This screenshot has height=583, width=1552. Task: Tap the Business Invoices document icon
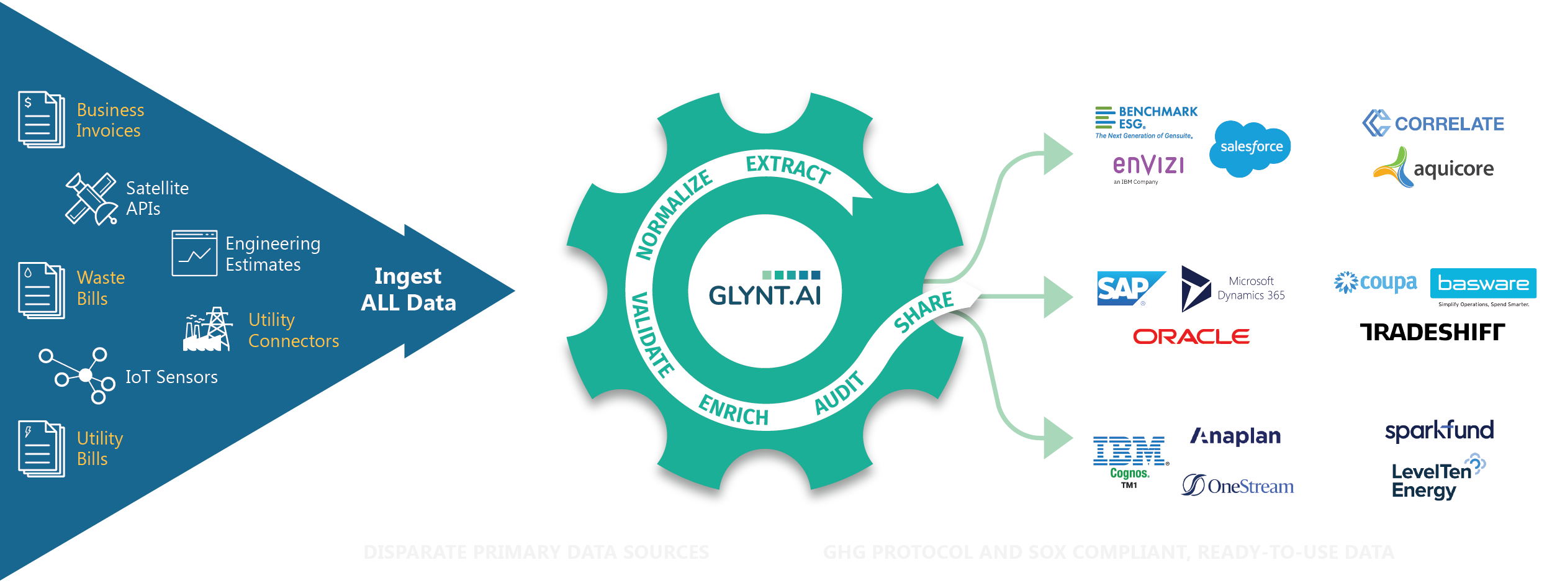42,120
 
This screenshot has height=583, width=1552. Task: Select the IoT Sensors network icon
78,375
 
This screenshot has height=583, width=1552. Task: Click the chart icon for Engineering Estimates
194,253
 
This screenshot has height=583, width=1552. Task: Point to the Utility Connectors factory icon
207,330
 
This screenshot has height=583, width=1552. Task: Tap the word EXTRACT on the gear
788,168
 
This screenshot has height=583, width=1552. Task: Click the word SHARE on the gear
923,312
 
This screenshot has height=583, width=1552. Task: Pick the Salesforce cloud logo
1250,147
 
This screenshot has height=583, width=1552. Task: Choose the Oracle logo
1191,337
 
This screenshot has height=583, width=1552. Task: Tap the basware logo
1482,284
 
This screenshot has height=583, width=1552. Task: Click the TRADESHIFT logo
1432,332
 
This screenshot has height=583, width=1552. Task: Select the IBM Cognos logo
1130,460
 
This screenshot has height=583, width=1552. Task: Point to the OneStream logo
1237,486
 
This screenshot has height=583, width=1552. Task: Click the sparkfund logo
1438,430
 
